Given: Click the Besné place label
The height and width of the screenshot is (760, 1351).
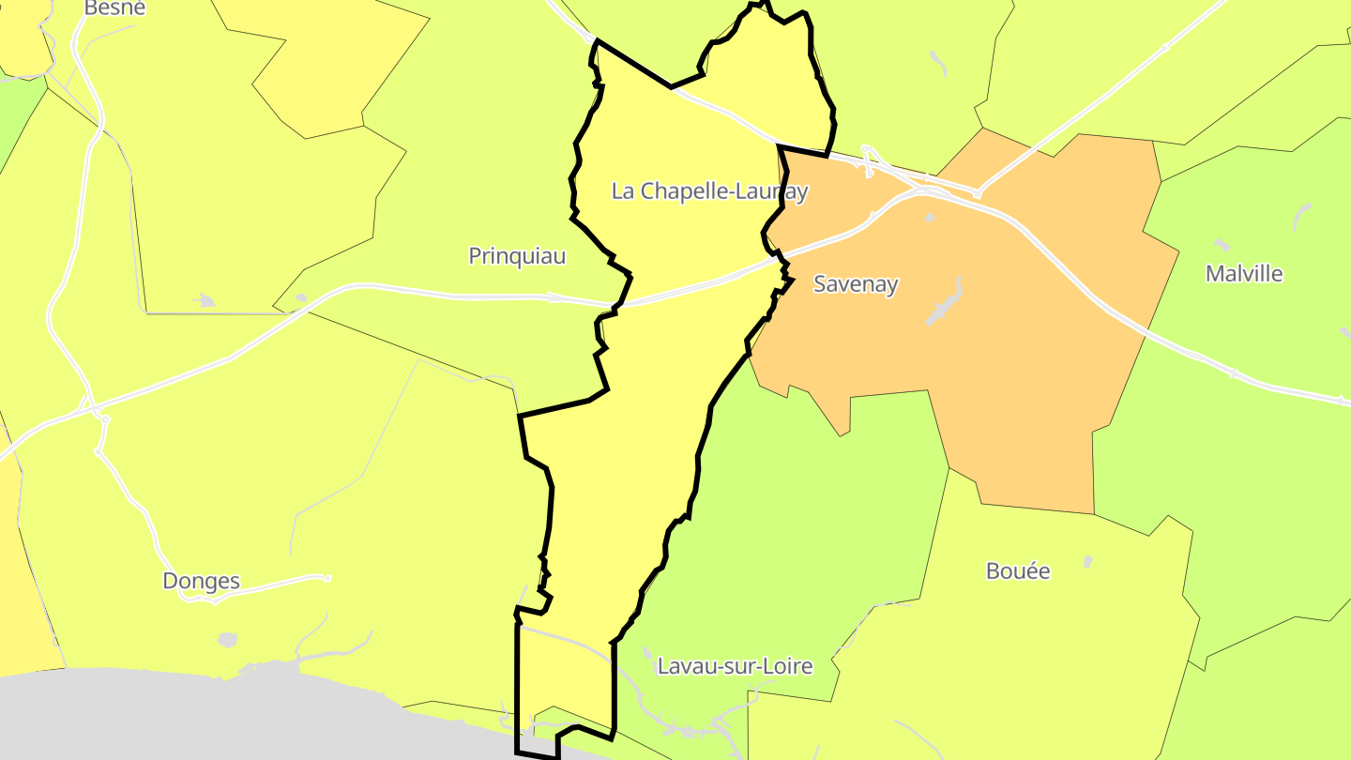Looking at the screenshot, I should [115, 8].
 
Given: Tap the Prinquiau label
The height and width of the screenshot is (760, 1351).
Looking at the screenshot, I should [517, 255].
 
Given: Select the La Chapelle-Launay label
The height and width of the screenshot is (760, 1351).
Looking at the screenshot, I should [709, 191].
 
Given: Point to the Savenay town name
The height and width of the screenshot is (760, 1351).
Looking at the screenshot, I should [856, 283].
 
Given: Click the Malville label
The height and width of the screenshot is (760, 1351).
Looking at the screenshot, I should [1244, 274].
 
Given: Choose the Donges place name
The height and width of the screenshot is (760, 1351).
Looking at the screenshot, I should [202, 581].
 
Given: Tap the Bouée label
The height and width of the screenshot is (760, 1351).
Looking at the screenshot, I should [1018, 570].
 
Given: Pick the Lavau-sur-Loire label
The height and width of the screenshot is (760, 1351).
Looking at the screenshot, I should [735, 666].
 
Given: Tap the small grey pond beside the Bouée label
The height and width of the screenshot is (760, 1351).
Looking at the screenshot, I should [1087, 561].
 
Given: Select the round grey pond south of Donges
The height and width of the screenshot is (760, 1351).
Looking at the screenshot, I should [227, 640].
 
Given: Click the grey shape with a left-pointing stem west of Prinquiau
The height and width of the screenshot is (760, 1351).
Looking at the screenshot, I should [205, 300].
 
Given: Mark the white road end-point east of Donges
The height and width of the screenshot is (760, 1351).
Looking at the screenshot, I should [326, 577].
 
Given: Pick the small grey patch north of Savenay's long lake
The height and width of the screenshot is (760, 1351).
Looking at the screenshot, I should [929, 218].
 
